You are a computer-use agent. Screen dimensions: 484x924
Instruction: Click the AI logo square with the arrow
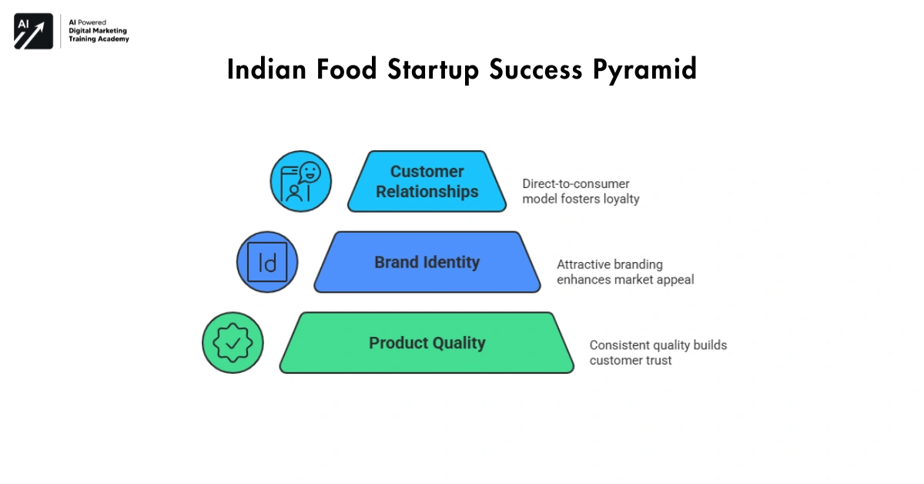(33, 32)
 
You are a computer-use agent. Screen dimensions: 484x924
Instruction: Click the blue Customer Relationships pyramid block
(427, 182)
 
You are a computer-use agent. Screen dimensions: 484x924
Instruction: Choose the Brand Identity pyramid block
(427, 263)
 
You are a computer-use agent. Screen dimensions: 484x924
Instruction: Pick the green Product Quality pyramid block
(427, 343)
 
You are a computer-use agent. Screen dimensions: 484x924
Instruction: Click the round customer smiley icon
(300, 182)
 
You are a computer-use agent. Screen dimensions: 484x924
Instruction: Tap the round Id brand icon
(267, 263)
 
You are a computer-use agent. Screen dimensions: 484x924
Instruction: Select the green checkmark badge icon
(233, 343)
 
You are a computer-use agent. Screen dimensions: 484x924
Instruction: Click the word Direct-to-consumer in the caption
(565, 184)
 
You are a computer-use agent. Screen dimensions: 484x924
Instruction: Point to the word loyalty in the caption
(620, 199)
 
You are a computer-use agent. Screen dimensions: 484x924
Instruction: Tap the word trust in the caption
(655, 360)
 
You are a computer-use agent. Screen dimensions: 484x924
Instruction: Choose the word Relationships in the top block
(427, 192)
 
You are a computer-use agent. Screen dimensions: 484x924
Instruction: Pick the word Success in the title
(537, 69)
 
